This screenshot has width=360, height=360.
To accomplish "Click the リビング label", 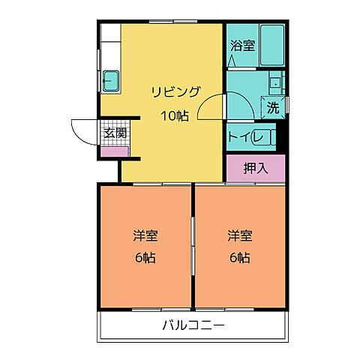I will (x=176, y=91).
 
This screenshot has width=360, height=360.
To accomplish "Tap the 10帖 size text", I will (x=174, y=115).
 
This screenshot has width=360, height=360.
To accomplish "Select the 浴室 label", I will (x=242, y=45).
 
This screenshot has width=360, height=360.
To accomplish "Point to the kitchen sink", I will (x=112, y=79).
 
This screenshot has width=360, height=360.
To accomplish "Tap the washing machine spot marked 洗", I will (x=273, y=107).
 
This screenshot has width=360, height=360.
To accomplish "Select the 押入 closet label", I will (x=255, y=168).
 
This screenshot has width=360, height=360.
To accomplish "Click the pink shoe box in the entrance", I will (x=115, y=151).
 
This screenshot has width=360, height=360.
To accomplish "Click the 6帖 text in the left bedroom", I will (x=145, y=257).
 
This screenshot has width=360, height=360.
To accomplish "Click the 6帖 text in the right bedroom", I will (x=239, y=257).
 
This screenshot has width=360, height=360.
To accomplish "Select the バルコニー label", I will (x=193, y=325).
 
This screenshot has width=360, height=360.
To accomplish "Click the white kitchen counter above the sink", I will (x=111, y=45).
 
